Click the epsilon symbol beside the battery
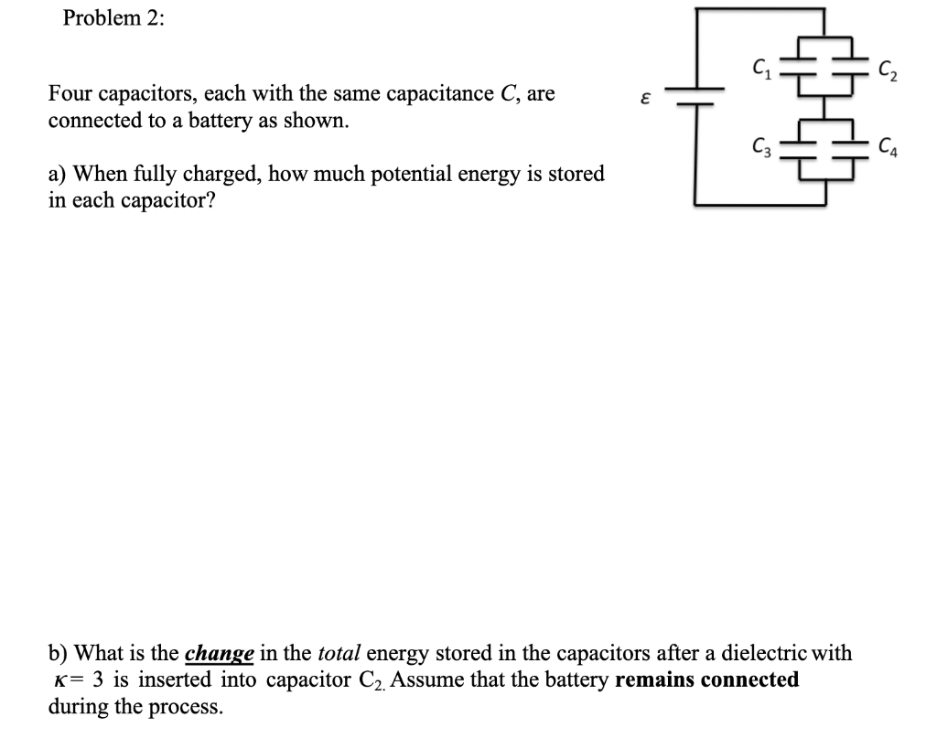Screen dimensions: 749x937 645,97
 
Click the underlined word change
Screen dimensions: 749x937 219,654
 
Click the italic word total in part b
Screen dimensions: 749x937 339,654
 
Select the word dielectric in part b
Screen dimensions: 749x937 763,654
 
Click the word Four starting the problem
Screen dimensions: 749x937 70,94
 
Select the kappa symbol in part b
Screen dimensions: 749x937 59,681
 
